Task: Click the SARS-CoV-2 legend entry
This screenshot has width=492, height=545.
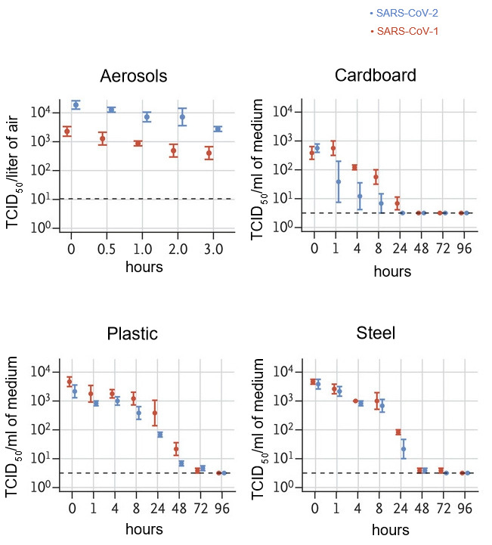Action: click(x=404, y=14)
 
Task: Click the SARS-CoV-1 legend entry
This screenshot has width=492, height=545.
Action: click(x=404, y=31)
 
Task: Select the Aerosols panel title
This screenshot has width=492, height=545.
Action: click(x=134, y=76)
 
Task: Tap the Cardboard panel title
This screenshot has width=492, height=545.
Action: click(x=375, y=76)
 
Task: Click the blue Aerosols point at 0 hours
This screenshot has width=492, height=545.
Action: click(x=76, y=104)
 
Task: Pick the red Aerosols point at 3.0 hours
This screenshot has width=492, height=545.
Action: click(x=209, y=153)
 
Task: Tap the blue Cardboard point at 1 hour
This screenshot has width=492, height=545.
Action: click(x=339, y=181)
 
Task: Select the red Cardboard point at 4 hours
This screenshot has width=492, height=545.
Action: click(x=354, y=167)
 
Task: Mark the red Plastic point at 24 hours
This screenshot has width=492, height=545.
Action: click(x=155, y=413)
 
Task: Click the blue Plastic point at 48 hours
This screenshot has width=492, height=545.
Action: click(x=181, y=463)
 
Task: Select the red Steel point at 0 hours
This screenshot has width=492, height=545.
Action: click(x=313, y=382)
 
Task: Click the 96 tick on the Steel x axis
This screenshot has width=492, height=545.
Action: click(x=465, y=507)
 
